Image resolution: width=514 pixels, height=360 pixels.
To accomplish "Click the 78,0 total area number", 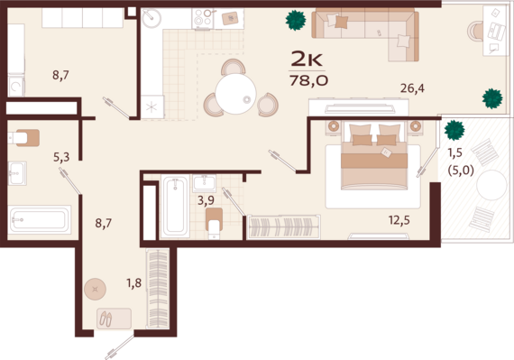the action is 308,80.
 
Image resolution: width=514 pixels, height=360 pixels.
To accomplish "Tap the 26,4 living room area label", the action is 412,88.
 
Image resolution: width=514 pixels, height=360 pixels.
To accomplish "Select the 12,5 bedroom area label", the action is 399,220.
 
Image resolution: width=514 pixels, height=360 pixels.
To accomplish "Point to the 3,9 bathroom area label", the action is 206,200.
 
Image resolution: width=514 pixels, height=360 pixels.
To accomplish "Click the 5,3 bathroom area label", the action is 61,157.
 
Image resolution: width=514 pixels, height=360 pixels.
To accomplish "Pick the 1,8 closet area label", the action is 134,283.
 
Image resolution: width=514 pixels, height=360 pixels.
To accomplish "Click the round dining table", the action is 235,94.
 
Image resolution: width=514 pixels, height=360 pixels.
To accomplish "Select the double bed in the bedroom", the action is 374,155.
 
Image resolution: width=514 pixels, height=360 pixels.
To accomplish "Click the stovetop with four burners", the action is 203,19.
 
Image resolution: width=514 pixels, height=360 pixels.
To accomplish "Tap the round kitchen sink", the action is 151,18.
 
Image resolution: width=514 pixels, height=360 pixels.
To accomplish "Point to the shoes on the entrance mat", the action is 106,318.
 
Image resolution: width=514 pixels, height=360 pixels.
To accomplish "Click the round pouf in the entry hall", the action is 95,290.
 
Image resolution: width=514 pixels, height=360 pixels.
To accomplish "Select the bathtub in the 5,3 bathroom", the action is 40,219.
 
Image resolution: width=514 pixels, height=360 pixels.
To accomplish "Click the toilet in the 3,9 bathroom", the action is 214,223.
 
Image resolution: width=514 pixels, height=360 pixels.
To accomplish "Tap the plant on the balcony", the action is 454,130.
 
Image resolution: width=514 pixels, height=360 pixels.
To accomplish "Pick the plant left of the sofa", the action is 296,21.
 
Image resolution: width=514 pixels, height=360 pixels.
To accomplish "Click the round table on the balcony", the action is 491,185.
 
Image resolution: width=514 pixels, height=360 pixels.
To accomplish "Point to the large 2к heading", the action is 307,59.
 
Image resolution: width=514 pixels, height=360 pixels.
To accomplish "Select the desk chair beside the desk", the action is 475,32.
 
